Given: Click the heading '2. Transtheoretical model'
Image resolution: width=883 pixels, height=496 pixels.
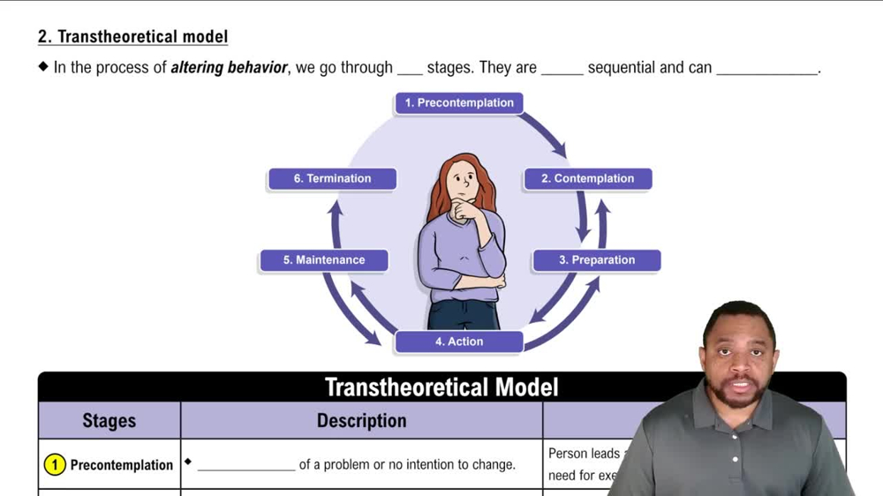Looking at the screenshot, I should [132, 37].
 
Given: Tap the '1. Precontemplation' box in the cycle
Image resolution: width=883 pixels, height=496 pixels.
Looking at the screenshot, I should [459, 103].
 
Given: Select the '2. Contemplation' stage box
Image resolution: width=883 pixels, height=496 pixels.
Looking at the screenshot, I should [587, 178].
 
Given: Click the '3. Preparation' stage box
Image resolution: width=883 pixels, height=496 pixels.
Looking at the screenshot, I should [596, 260].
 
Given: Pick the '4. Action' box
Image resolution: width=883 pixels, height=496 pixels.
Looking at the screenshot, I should [459, 342].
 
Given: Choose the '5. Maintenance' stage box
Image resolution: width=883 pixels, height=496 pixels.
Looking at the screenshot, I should [324, 260].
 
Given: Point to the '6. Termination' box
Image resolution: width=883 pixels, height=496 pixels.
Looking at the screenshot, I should [332, 178].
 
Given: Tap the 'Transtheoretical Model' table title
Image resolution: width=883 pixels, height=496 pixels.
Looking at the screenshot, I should [441, 387].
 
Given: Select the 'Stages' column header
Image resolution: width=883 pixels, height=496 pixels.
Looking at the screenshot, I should [109, 421].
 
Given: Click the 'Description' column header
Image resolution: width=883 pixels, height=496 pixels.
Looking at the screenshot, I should [361, 421].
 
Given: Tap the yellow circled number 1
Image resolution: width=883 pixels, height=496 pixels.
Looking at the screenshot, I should [55, 464].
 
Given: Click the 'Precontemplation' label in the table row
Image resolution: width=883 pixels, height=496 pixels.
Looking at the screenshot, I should [122, 465].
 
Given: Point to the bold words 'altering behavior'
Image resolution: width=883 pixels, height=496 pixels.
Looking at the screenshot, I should [229, 68].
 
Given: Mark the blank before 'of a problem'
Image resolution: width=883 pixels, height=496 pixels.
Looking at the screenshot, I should [246, 466].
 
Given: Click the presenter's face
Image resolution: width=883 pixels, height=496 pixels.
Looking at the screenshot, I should [738, 353].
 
